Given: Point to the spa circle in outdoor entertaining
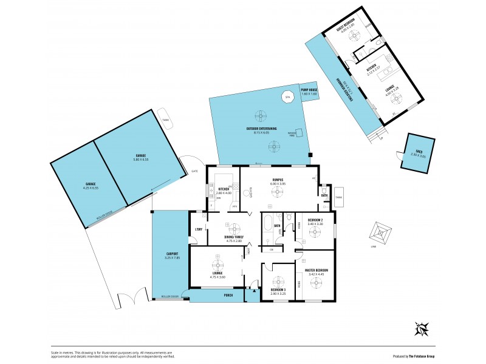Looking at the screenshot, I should [289, 97].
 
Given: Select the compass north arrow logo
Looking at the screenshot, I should [421, 329].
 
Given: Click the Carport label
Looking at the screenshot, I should [171, 254].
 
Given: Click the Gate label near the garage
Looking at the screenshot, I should [194, 171].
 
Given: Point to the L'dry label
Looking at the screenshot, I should [198, 229].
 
